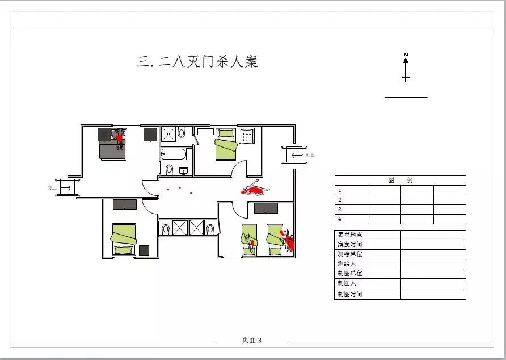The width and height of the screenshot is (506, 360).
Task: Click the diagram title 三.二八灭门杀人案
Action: pos(197,61)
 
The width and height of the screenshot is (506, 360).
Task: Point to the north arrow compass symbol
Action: pos(406,67)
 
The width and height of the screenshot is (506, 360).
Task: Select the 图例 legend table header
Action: pos(400,181)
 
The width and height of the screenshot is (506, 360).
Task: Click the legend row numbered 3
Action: pos(351,209)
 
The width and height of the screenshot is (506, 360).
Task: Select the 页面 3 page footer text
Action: pos(252,341)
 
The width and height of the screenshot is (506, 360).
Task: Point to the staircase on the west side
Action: pos(66,187)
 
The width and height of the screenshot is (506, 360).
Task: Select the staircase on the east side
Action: pos(294,154)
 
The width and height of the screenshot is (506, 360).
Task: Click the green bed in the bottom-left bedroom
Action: pos(123,239)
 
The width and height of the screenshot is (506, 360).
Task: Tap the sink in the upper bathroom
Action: pos(183,170)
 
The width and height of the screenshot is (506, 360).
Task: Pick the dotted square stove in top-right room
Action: pos(247,136)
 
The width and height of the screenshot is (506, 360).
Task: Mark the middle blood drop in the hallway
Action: pos(180,187)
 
